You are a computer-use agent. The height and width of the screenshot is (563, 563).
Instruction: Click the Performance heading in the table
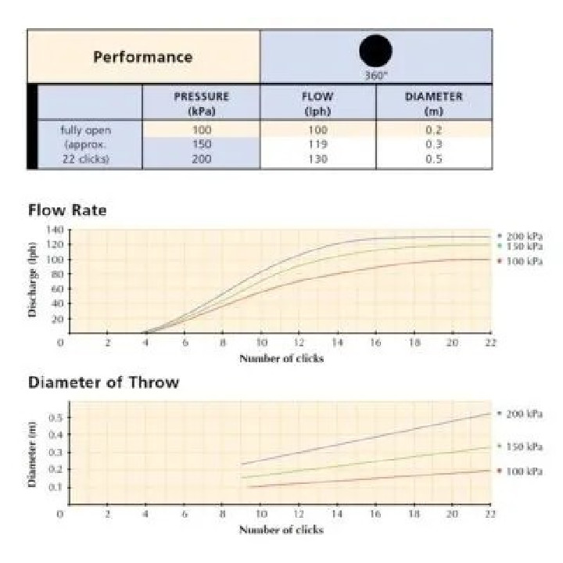[x=142, y=57]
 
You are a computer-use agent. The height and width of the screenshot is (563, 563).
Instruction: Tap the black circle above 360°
[x=375, y=51]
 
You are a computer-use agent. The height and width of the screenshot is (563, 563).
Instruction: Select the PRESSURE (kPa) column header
[x=201, y=103]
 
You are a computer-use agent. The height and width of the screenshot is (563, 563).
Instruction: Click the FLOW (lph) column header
[x=317, y=103]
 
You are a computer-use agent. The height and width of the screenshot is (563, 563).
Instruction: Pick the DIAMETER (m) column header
[x=433, y=103]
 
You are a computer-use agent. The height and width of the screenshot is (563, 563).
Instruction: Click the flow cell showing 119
[x=317, y=145]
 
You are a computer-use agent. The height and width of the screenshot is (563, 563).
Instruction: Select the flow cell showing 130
[x=317, y=159]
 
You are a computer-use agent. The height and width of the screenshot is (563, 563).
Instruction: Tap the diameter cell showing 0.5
[x=433, y=159]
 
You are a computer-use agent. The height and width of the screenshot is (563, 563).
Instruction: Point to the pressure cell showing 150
[x=201, y=145]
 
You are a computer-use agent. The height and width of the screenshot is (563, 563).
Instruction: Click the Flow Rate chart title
[x=67, y=210]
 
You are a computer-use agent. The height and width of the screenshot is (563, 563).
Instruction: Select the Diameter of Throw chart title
[x=103, y=382]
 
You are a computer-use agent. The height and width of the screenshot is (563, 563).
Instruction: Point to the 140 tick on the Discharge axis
[x=54, y=230]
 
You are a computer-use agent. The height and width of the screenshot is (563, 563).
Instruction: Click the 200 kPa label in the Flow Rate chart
[x=523, y=235]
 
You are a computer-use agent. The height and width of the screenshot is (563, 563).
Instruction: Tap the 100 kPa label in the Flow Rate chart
[x=523, y=260]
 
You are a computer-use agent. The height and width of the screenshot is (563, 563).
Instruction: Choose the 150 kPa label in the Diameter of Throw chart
[x=523, y=446]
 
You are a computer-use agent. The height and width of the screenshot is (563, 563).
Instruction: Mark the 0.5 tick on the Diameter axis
[x=54, y=418]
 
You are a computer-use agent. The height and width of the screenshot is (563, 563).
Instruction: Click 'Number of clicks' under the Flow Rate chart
[x=281, y=358]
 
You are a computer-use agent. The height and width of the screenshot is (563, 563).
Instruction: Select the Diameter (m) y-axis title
[x=34, y=454]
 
